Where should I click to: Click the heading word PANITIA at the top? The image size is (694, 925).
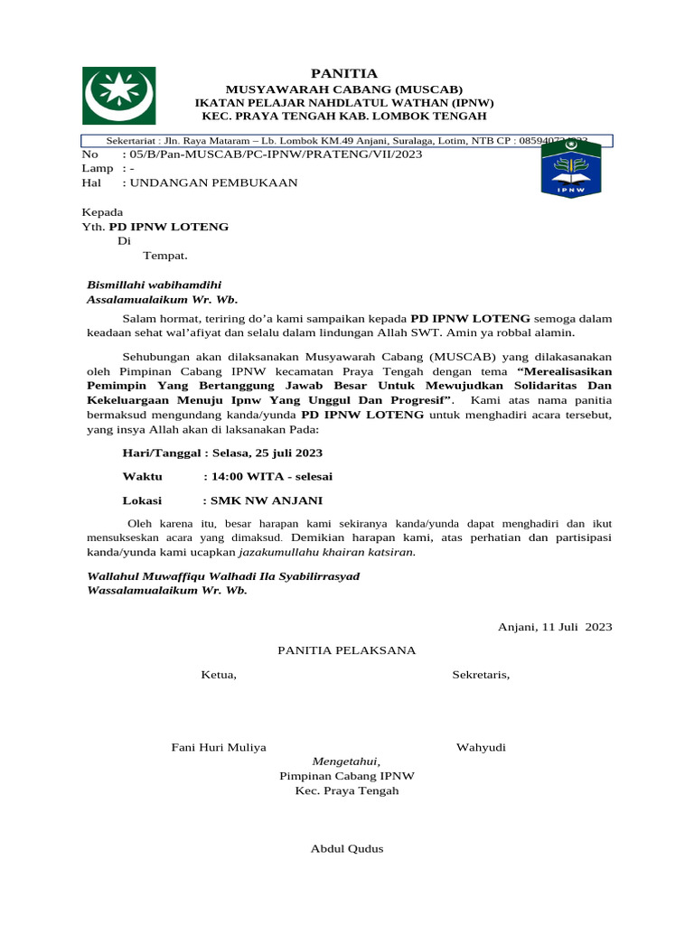[x=344, y=73]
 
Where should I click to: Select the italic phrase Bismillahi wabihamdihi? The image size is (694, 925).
[x=154, y=285]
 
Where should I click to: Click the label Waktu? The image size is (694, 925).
[x=142, y=476]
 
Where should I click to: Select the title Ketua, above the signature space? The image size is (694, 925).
[x=219, y=675]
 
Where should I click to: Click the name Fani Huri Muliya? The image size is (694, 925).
[x=219, y=747]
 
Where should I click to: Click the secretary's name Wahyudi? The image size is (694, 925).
[x=481, y=747]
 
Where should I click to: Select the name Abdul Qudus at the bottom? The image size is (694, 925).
[x=346, y=848]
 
